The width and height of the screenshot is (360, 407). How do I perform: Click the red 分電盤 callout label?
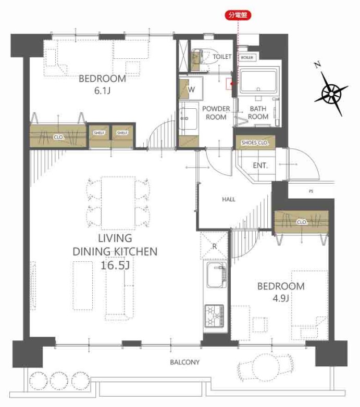238,15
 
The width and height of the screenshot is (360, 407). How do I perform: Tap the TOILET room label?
222,57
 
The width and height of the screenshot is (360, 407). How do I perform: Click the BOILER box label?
247,58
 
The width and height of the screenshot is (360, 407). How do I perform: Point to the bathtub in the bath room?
258,81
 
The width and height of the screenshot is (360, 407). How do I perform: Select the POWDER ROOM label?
216,113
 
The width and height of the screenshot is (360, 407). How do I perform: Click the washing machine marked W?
191,88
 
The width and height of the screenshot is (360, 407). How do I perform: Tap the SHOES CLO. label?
255,143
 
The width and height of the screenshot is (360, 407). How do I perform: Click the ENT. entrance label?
260,166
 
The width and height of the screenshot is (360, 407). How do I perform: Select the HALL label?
229,199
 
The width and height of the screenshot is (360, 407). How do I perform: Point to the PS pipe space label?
311,192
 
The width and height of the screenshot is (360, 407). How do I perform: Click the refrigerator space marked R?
214,246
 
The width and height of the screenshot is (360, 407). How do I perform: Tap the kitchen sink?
216,275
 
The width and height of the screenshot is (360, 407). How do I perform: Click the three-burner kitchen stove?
215,316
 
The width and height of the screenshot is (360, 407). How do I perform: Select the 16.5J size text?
115,265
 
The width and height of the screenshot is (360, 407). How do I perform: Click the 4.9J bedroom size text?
281,299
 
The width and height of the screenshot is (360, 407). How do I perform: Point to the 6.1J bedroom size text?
102,91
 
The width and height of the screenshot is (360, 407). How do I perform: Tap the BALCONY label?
184,362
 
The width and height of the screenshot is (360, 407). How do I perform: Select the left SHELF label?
99,133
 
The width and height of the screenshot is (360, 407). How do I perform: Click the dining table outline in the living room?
118,203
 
